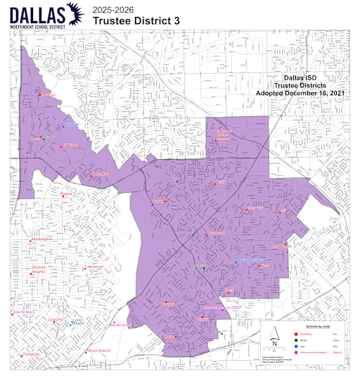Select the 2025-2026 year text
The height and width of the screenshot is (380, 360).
point(112,8)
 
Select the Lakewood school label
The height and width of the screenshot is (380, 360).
point(94,267)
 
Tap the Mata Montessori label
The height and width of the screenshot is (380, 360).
point(118,325)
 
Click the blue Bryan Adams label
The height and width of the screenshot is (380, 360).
point(250,260)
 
